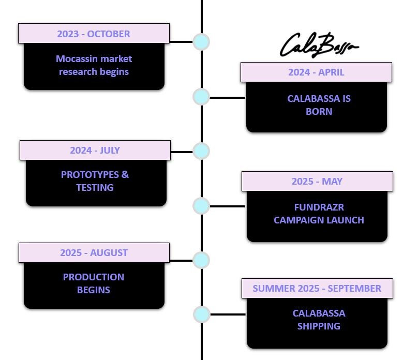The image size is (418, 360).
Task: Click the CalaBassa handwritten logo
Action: pyautogui.click(x=318, y=46)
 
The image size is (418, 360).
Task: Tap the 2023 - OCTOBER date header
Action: pyautogui.click(x=94, y=34)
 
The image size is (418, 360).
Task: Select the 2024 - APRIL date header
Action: pyautogui.click(x=316, y=72)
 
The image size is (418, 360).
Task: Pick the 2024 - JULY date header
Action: pyautogui.click(x=95, y=151)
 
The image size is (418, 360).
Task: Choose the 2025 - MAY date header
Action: pyautogui.click(x=317, y=182)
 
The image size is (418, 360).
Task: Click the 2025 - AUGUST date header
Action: pyautogui.click(x=94, y=253)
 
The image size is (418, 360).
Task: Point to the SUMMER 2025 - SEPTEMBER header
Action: pyautogui.click(x=317, y=289)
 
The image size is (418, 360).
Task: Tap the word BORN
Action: pyautogui.click(x=319, y=111)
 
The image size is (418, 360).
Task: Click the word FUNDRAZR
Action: pyautogui.click(x=319, y=207)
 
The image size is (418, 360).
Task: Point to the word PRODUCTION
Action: pyautogui.click(x=94, y=277)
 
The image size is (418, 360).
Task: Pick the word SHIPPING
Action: pyautogui.click(x=319, y=326)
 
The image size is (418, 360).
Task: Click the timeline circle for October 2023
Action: pyautogui.click(x=201, y=42)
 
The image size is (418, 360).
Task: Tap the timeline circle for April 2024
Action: pyautogui.click(x=201, y=97)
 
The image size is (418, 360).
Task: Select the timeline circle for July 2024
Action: pyautogui.click(x=201, y=152)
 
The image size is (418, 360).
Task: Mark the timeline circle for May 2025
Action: pyautogui.click(x=201, y=206)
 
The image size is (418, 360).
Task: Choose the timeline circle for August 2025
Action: pyautogui.click(x=201, y=260)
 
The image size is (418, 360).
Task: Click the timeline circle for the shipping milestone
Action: pyautogui.click(x=201, y=314)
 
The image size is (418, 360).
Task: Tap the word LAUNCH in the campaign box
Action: pyautogui.click(x=345, y=220)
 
